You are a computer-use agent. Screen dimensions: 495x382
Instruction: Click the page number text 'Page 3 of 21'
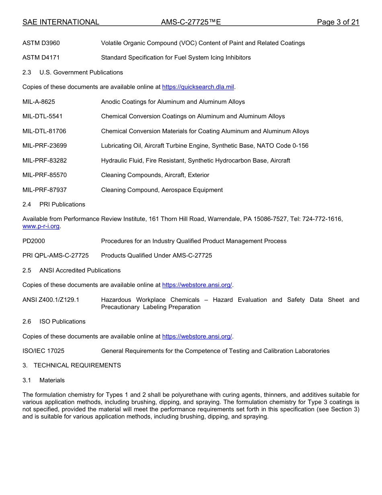pos(338,22)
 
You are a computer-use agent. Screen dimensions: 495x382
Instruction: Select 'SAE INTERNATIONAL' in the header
pos(61,22)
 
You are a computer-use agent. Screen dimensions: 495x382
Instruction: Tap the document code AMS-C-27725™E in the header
pos(191,22)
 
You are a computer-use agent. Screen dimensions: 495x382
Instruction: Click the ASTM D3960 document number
pos(41,43)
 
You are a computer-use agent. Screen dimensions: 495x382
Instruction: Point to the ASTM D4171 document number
pos(41,58)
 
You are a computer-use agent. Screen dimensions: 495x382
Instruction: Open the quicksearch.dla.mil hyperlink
pos(198,87)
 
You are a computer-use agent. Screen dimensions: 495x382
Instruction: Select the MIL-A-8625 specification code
pos(39,102)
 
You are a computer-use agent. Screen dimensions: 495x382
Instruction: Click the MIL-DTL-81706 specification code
pos(44,131)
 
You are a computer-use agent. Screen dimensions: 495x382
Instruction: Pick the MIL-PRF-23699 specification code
pos(45,146)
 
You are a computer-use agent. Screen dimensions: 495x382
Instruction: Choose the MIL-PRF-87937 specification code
pos(45,190)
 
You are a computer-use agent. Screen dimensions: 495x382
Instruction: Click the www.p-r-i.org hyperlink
pos(41,227)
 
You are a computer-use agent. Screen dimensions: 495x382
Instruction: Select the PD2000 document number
pos(34,241)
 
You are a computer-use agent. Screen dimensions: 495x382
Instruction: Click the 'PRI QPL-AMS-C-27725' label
pos(55,256)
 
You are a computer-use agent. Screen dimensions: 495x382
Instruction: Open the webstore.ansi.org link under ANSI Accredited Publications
pos(197,285)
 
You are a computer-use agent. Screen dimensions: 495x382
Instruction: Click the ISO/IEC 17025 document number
pos(43,351)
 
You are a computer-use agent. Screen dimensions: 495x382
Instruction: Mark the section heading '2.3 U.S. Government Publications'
pos(73,72)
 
